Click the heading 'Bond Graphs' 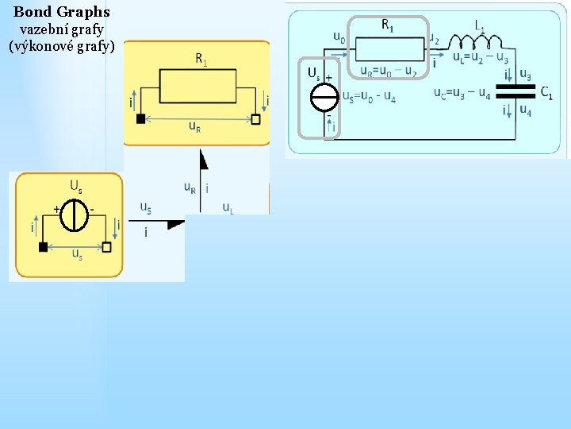tap(62, 12)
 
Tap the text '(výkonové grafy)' tap(62, 46)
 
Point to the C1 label tap(546, 92)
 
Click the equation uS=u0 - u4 tap(370, 96)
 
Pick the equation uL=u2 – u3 tap(481, 57)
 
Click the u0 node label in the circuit tap(339, 37)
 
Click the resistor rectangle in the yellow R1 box tap(198, 86)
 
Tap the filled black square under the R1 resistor tap(140, 119)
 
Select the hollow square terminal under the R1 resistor tap(255, 119)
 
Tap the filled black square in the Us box tap(43, 246)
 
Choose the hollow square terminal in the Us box tap(107, 246)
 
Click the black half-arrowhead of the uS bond tap(176, 224)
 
